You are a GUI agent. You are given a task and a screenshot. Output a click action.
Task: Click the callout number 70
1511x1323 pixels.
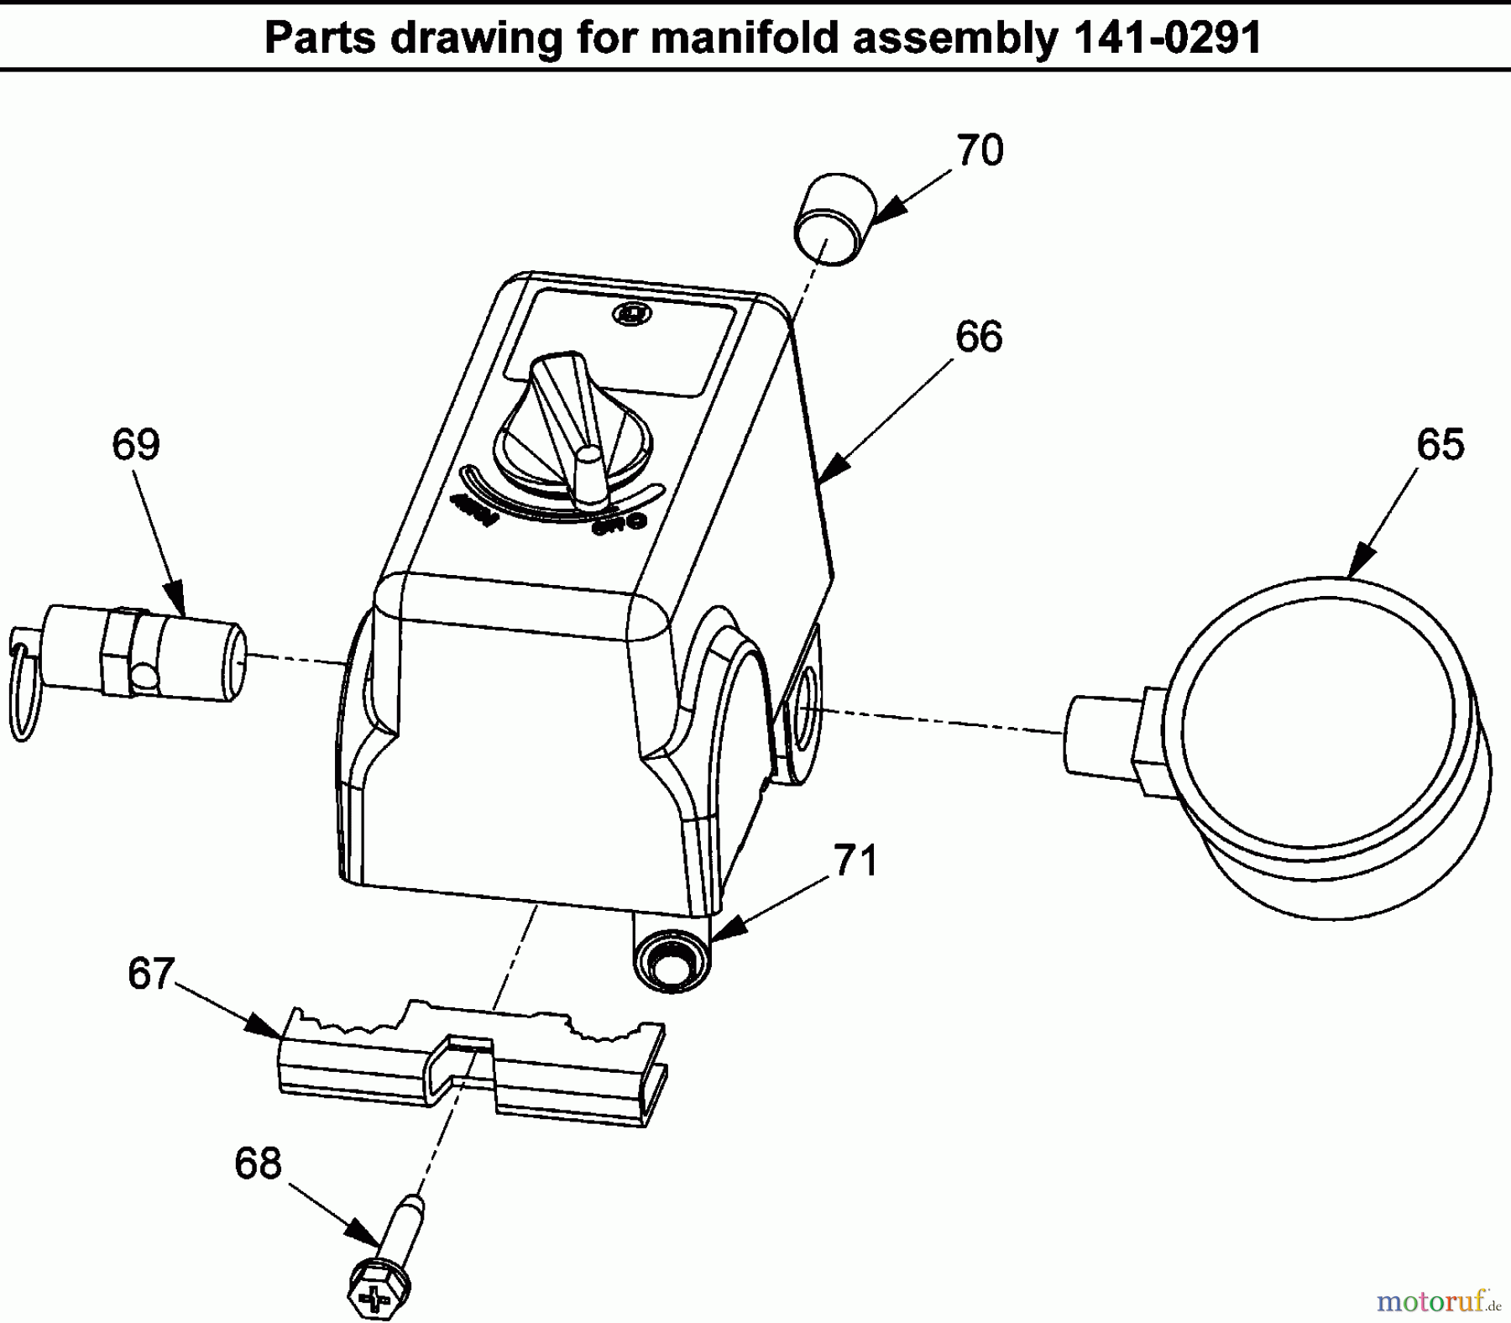[980, 151]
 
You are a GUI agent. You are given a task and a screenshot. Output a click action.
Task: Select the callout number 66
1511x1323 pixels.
[979, 337]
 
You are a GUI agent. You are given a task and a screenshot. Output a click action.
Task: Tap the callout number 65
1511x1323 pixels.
[1440, 444]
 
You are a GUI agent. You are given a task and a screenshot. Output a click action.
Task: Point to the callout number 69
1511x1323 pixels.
[135, 444]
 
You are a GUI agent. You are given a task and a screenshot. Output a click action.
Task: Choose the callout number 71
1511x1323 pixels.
[855, 861]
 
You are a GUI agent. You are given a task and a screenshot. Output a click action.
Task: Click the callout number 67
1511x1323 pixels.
[151, 974]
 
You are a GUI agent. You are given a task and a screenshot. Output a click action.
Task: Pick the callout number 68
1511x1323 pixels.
[258, 1164]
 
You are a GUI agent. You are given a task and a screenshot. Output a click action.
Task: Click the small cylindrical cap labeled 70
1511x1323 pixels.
[834, 220]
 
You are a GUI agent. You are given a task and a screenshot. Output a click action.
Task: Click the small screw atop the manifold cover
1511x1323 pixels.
[631, 314]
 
